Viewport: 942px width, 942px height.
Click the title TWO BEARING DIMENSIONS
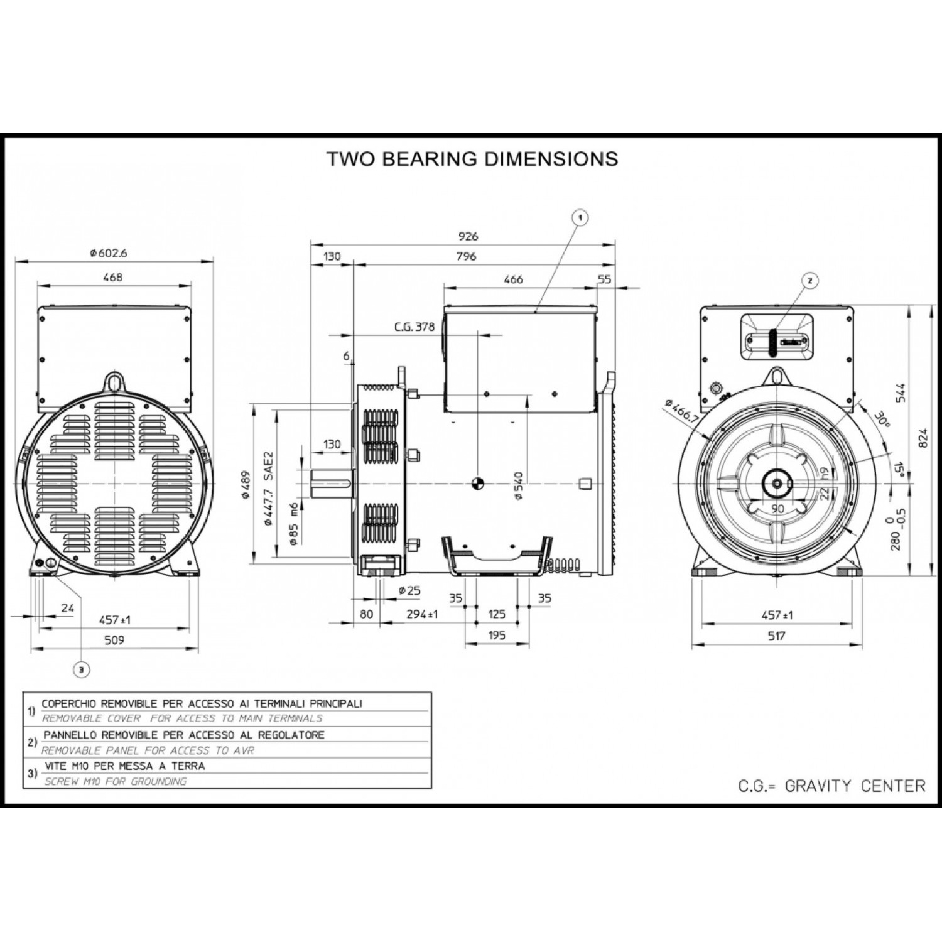[x=472, y=159]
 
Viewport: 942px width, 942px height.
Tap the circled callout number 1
[x=581, y=218]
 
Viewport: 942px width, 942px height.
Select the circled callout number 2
[x=809, y=281]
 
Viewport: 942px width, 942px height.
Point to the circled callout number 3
[x=80, y=670]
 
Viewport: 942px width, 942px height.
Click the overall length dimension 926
[x=468, y=236]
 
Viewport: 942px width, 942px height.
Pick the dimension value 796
[x=467, y=256]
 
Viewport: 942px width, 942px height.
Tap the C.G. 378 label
[x=414, y=327]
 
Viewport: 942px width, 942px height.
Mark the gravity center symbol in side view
[x=477, y=483]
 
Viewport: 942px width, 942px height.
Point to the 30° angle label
[x=883, y=420]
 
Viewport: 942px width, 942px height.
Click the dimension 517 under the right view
[x=777, y=636]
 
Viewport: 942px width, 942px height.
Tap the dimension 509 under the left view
[x=114, y=640]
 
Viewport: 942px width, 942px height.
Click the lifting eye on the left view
[x=114, y=380]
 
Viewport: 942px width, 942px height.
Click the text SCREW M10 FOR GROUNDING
[x=116, y=782]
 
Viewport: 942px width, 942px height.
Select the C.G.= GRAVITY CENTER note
[x=831, y=786]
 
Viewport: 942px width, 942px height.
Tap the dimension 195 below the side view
[x=496, y=636]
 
